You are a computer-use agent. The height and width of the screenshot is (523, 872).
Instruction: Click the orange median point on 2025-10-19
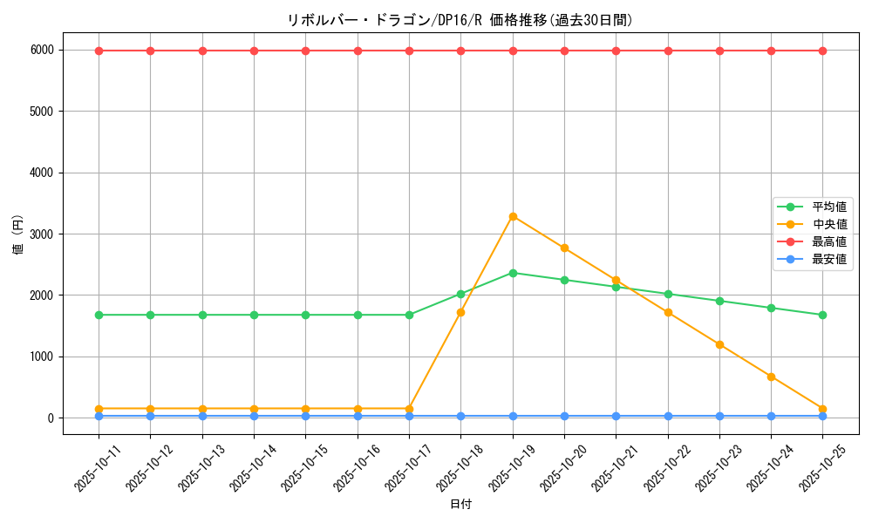pos(513,216)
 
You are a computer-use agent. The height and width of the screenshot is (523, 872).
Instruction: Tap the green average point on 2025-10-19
pos(513,273)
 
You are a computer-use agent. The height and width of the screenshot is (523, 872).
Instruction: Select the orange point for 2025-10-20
pos(564,248)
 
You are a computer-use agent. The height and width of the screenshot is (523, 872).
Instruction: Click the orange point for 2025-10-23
pos(719,344)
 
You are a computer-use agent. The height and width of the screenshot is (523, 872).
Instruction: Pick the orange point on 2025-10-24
pos(771,377)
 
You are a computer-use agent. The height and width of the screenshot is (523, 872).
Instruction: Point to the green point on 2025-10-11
pos(99,315)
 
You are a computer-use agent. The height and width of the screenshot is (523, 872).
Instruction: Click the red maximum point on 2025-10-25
pos(822,51)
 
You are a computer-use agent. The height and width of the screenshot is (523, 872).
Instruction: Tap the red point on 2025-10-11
pos(99,51)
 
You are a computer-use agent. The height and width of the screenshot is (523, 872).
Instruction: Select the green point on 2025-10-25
pos(822,315)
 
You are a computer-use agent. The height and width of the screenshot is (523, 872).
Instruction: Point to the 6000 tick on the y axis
pos(43,51)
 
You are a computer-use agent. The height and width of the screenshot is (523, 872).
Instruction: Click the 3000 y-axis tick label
pos(43,234)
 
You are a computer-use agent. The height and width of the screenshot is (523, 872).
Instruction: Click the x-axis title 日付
pos(460,505)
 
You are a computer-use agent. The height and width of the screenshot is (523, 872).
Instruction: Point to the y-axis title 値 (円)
pos(17,235)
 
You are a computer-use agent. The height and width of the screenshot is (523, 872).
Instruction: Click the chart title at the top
pos(460,20)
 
